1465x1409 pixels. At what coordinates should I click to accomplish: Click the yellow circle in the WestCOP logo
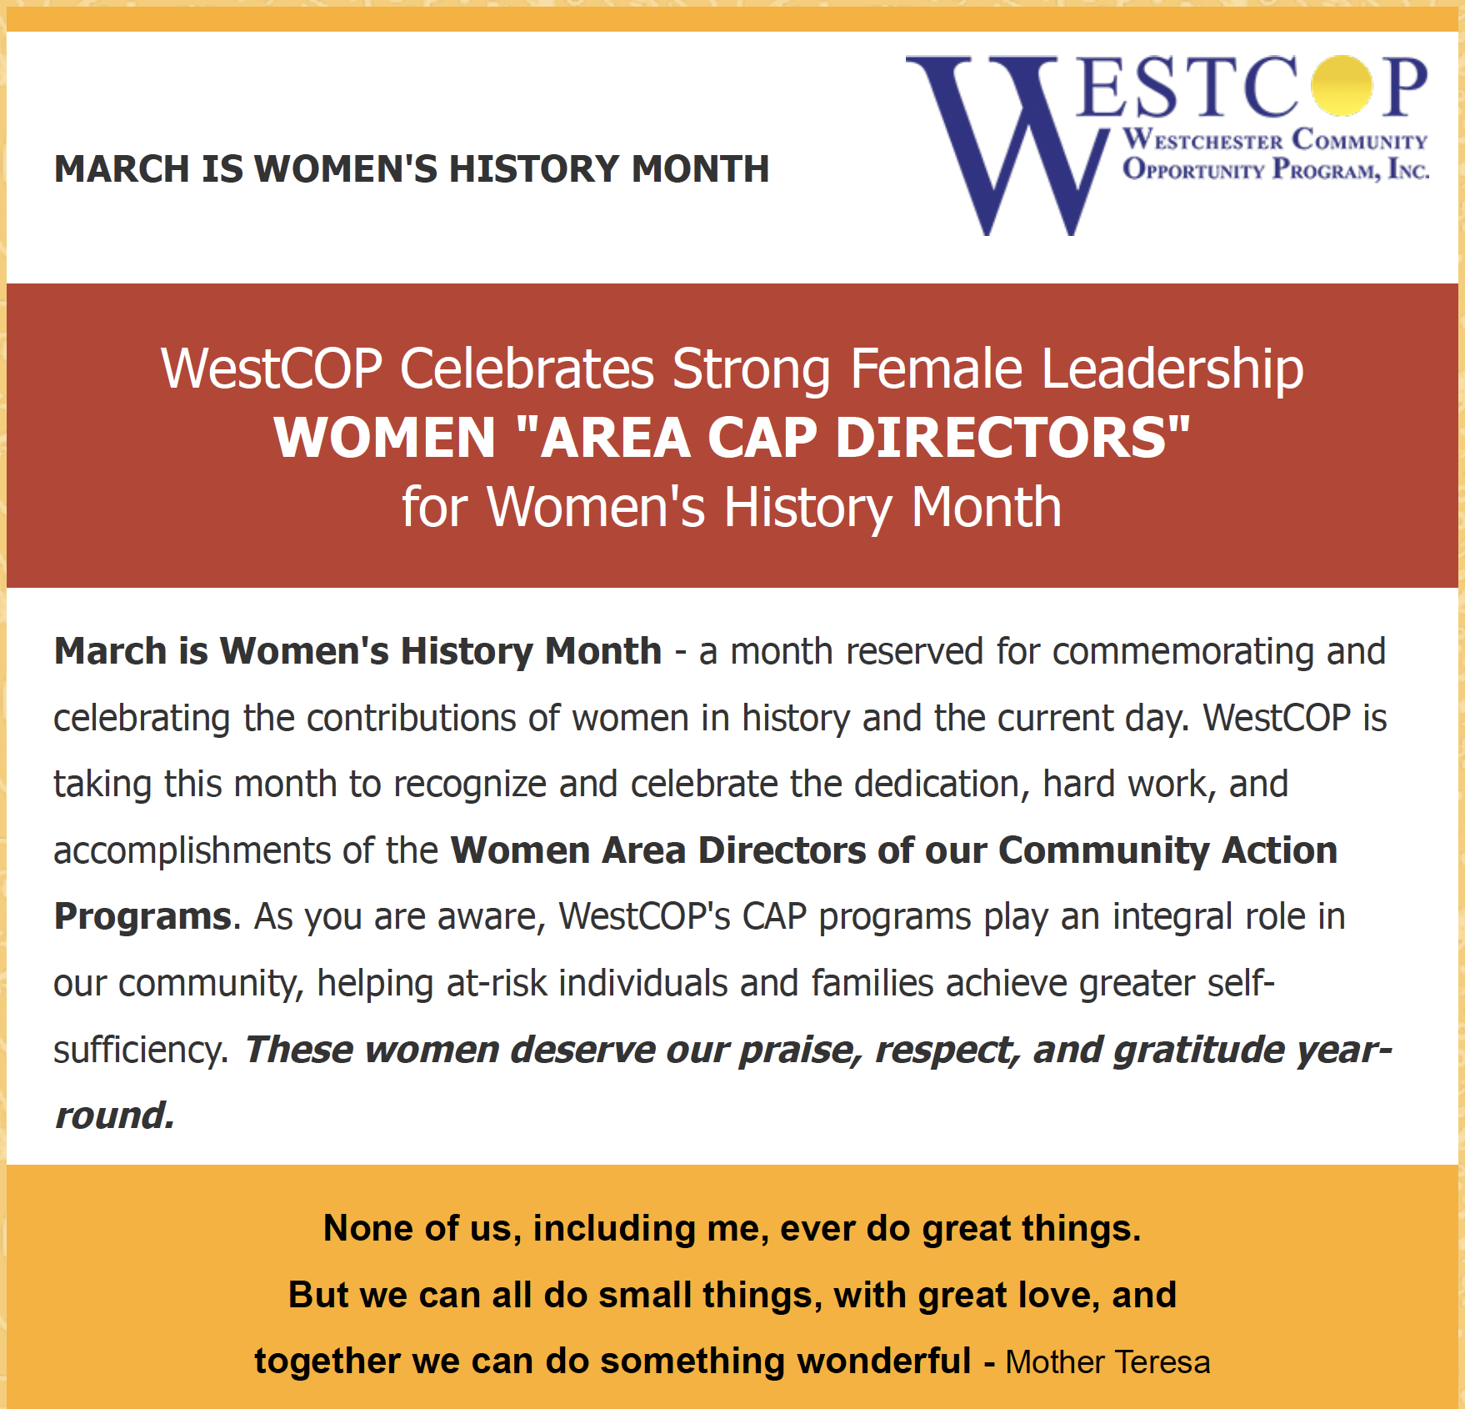click(1341, 86)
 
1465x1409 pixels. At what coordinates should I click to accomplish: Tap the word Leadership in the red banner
click(1172, 369)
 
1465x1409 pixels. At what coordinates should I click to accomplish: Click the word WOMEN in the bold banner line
click(385, 438)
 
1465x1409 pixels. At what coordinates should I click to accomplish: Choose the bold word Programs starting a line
click(142, 916)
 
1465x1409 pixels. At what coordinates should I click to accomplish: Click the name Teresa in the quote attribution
click(1164, 1361)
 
